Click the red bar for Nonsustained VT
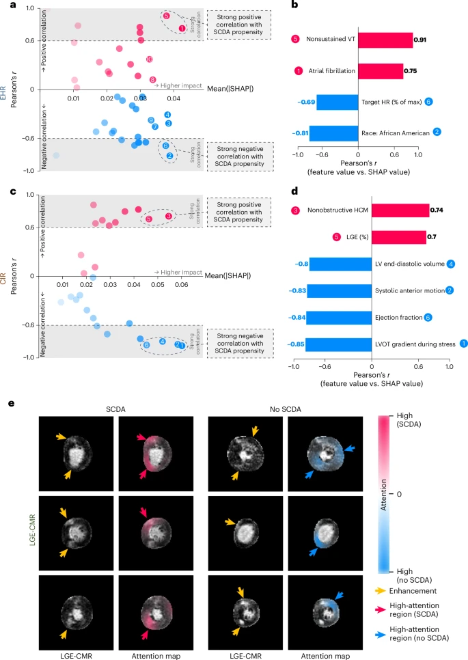coord(385,40)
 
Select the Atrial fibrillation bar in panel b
coord(381,70)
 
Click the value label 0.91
coord(424,40)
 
